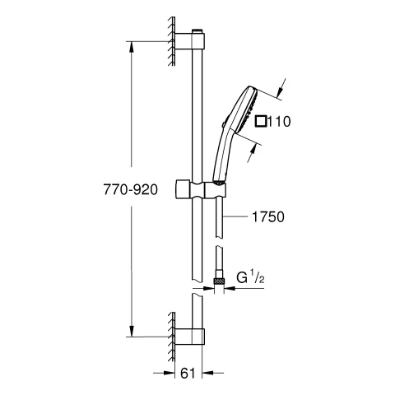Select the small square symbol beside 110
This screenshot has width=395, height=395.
tap(261, 122)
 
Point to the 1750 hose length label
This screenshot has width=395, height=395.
tap(268, 218)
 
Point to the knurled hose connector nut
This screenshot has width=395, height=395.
tap(218, 281)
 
